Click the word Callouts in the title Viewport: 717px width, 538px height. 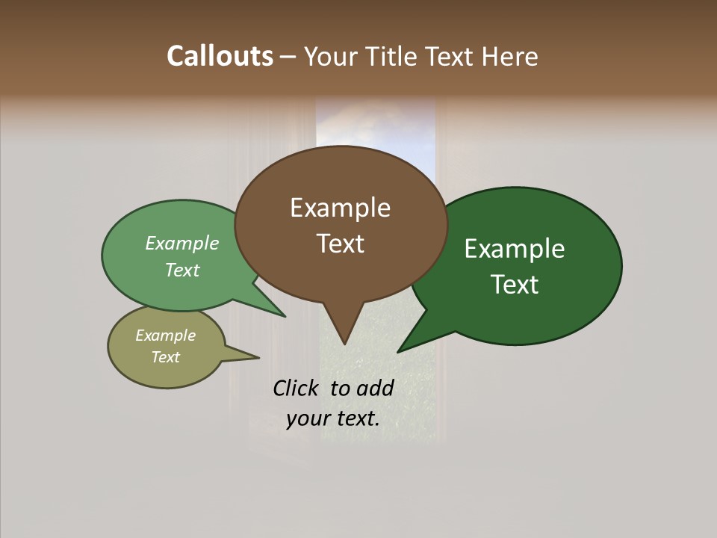tap(220, 56)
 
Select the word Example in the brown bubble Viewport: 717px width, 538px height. tap(340, 208)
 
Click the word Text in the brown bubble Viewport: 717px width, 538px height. tap(340, 244)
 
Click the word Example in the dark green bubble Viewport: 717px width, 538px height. tap(515, 249)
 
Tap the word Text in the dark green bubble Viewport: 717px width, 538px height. tap(515, 285)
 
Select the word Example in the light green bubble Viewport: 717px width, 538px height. tap(182, 244)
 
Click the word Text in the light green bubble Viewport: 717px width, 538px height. tap(182, 270)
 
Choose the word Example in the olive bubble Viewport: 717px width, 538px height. tap(166, 336)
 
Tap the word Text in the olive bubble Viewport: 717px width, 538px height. tap(166, 357)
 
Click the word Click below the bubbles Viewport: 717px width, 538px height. tap(295, 388)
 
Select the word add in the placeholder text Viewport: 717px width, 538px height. tap(375, 388)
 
